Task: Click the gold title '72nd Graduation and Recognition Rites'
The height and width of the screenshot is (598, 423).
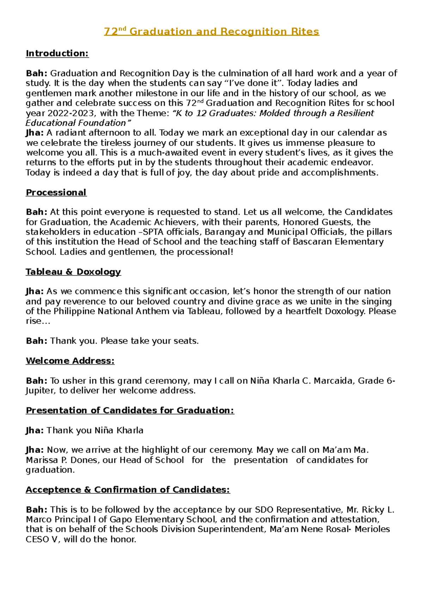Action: click(211, 32)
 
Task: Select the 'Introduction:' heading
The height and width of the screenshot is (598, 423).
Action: click(57, 54)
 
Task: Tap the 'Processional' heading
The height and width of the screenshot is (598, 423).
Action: click(56, 193)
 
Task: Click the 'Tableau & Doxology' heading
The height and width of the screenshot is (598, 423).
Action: click(73, 272)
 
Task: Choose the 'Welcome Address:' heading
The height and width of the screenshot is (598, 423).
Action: click(70, 361)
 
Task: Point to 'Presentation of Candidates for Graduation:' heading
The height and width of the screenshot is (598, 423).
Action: click(130, 411)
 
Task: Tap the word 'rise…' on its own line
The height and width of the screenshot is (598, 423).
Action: click(38, 321)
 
